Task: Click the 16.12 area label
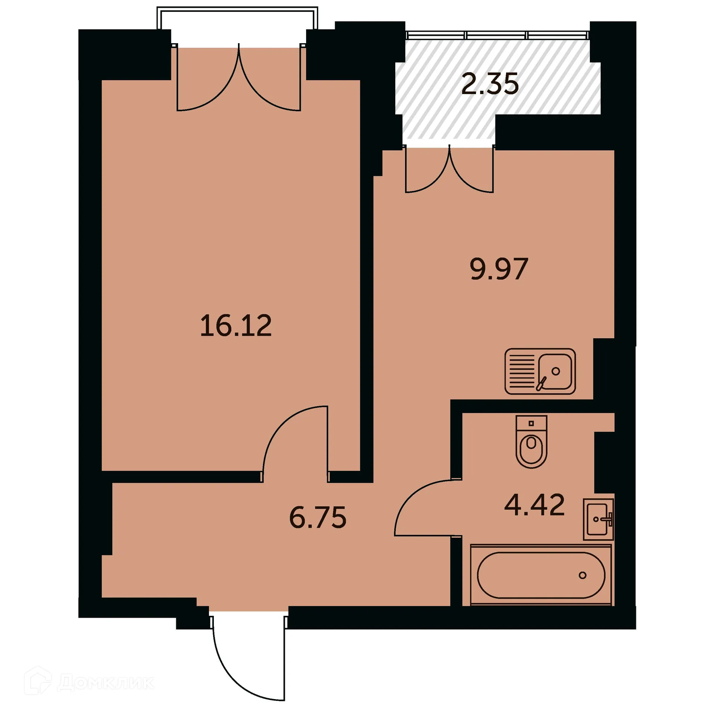coord(236,326)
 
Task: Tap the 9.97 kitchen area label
coord(499,269)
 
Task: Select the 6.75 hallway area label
coord(318,517)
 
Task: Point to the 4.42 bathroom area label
coord(534,505)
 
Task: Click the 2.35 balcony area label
coord(490,84)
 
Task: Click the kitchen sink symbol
coord(540,371)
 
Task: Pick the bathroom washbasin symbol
coord(598,519)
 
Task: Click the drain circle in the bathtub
coord(582,575)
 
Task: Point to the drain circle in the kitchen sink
coord(556,371)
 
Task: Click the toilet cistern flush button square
coord(531,423)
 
